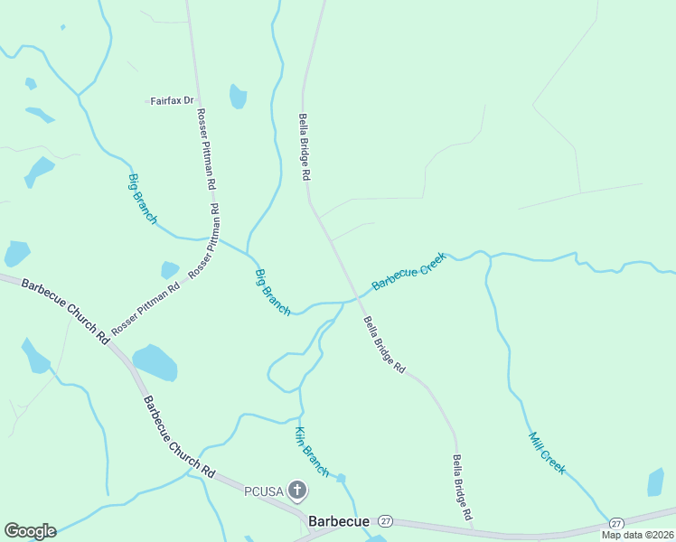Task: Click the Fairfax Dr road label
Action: [172, 100]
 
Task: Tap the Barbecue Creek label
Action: [408, 271]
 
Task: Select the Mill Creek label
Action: [547, 453]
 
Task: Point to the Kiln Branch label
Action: [312, 451]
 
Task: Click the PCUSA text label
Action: [264, 491]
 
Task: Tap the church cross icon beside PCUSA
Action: [297, 491]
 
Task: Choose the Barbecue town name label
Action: [338, 522]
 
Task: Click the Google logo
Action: [30, 531]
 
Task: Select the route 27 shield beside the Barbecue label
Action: [386, 522]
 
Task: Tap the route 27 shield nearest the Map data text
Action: [616, 524]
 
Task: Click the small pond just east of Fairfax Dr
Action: [238, 96]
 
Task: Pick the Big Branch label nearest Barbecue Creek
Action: [272, 292]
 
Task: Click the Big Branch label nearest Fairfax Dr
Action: [143, 199]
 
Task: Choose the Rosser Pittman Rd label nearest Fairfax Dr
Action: [206, 148]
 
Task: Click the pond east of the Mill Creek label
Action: [655, 482]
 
